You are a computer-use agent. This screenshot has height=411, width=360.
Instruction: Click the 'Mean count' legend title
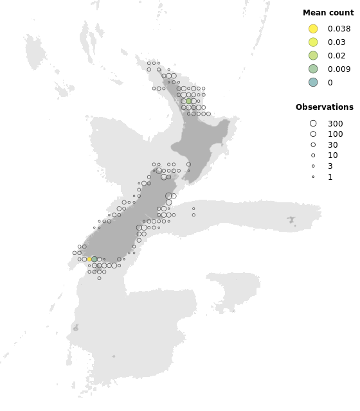[328, 13]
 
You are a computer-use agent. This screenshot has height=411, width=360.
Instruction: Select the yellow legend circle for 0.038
[313, 28]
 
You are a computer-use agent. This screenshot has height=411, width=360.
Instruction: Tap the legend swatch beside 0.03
[313, 42]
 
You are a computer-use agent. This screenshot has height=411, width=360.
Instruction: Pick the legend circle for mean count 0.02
[313, 55]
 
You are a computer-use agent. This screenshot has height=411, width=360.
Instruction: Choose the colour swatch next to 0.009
[313, 69]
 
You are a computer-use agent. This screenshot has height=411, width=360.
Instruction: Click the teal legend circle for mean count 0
[313, 82]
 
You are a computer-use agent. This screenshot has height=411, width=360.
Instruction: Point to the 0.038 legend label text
[339, 28]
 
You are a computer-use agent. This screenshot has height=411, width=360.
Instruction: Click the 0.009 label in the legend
[339, 69]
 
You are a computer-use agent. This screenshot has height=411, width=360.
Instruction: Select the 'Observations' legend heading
[324, 107]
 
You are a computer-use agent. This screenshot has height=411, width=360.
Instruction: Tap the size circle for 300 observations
[313, 123]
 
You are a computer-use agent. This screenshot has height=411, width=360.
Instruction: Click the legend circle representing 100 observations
[313, 134]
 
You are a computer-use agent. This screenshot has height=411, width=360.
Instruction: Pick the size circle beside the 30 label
[313, 145]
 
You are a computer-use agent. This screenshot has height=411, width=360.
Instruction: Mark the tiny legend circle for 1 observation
[313, 177]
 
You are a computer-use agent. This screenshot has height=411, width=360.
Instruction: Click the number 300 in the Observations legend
[335, 123]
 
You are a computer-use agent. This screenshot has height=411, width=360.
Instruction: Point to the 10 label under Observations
[332, 155]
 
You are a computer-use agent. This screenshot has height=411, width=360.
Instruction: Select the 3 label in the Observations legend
[330, 166]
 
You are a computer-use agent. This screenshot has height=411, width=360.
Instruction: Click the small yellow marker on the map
[89, 259]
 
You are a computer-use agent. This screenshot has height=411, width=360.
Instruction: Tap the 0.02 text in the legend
[336, 55]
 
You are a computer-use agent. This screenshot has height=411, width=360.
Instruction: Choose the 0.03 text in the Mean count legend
[336, 42]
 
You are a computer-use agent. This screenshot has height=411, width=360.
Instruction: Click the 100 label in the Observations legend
[335, 134]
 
